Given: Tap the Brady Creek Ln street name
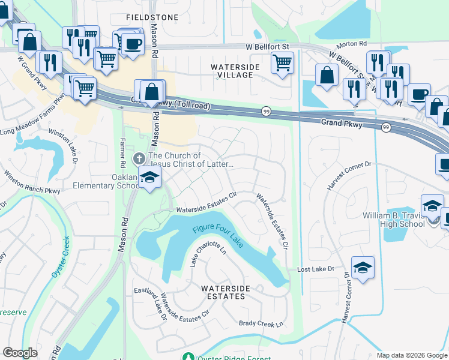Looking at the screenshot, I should coord(261,324).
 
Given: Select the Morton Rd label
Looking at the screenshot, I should coord(355,44).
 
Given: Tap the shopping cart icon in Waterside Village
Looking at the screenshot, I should coord(282,62).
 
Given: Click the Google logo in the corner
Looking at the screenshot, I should coord(20,353).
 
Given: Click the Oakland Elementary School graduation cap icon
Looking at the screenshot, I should coord(150,177).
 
